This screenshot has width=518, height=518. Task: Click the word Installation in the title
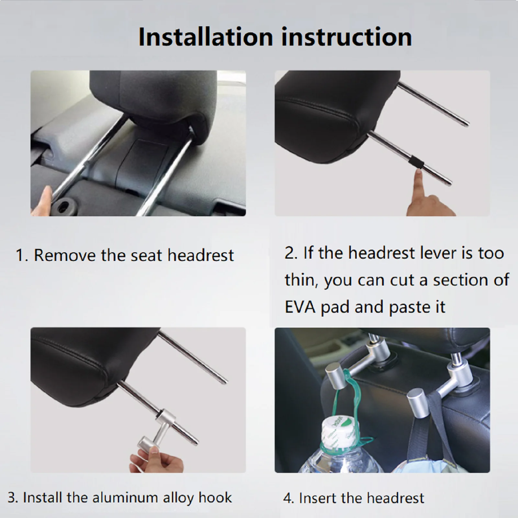click(x=206, y=37)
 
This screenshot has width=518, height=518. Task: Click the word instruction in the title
click(x=346, y=37)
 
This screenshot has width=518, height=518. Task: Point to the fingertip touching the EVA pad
click(x=419, y=175)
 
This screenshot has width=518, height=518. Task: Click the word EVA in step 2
click(x=300, y=307)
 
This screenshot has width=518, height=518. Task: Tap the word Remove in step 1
click(x=65, y=255)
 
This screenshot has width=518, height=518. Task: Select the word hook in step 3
click(x=216, y=498)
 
